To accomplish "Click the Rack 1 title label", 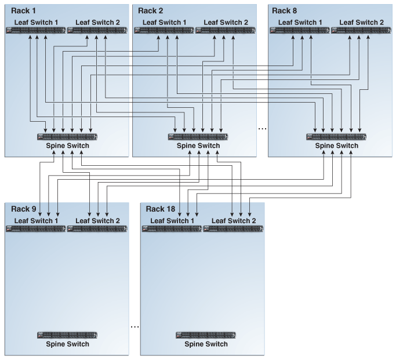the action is click(23, 11).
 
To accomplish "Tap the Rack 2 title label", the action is click(151, 11).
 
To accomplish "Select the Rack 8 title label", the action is click(284, 11).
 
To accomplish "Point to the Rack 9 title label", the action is click(24, 209).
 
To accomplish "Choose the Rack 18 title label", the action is click(161, 209).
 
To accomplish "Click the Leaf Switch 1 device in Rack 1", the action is click(36, 30).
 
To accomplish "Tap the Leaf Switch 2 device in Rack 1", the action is click(97, 30).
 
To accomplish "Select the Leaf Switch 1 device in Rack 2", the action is click(164, 30).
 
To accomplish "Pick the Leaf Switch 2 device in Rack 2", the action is click(226, 30).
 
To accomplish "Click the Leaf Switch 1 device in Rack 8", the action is click(300, 30).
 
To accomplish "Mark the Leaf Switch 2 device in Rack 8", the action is click(361, 30).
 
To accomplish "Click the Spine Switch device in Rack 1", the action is click(67, 137).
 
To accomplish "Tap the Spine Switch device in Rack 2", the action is click(198, 137).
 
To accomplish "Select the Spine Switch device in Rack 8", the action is click(336, 137).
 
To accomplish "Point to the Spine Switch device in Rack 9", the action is click(67, 335).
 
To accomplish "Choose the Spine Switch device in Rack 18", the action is click(206, 335).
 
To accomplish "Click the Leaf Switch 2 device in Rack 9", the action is click(97, 229).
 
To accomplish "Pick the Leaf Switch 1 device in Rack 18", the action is click(172, 229).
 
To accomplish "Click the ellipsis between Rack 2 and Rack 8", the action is click(263, 129).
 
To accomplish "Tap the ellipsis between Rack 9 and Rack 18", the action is click(135, 327).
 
